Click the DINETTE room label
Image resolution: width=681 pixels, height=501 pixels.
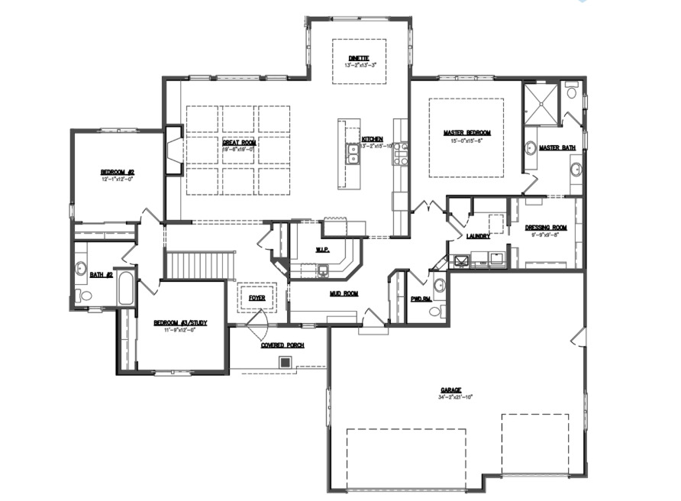pos(359,57)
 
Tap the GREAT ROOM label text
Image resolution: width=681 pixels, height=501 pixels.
pos(239,142)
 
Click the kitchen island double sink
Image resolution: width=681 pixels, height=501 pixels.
pos(352,154)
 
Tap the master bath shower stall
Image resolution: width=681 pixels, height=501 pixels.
pos(541,103)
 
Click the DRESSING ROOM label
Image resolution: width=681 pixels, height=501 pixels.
pos(546,228)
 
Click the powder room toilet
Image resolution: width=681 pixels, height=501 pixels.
pos(434,311)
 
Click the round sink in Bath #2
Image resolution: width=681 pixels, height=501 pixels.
pos(81,268)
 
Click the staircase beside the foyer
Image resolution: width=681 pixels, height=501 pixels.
pos(199,267)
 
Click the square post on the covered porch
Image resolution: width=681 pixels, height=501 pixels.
pos(286,362)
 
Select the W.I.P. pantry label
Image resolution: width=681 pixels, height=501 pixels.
pos(322,250)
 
